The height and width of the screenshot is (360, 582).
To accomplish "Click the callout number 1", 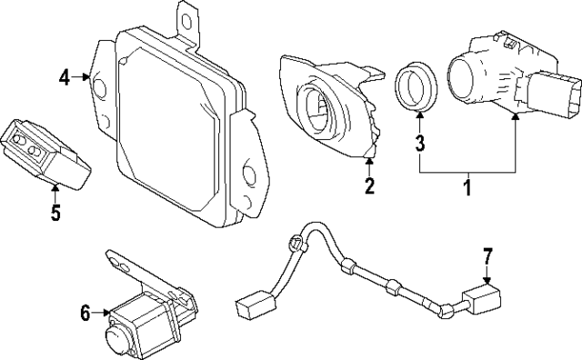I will coord(467,188).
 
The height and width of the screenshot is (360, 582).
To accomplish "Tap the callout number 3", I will coord(420,143).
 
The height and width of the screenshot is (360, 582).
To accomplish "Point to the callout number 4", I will coord(65,77).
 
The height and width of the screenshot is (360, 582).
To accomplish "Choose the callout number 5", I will coord(55,213).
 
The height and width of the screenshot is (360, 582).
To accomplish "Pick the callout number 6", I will coord(85,314).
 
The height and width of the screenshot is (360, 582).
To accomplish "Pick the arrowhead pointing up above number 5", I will coord(55,190).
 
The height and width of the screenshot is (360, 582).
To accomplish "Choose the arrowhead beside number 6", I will coord(105,314).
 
